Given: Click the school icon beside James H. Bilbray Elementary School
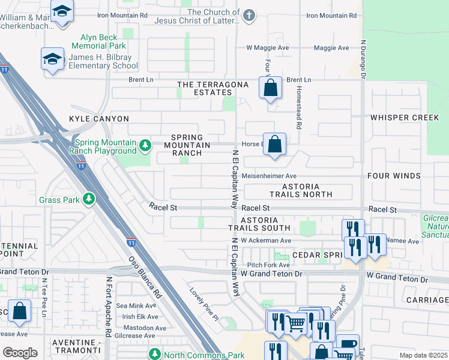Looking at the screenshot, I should coord(52,59).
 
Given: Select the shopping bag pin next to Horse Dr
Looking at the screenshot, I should coord(274,145).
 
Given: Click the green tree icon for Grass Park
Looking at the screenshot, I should coord(89,199).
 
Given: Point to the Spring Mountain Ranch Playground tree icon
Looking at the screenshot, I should coord(145,145).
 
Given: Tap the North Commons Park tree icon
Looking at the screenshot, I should coord(154,355).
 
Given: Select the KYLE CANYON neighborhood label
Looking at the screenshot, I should coord(99,119).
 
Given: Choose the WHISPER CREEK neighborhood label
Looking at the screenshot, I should coord(405,118).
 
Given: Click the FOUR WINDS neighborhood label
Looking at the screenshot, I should coord(405,176).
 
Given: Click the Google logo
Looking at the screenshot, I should coord(20,353).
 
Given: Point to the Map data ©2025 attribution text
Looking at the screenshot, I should coord(423,355).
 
